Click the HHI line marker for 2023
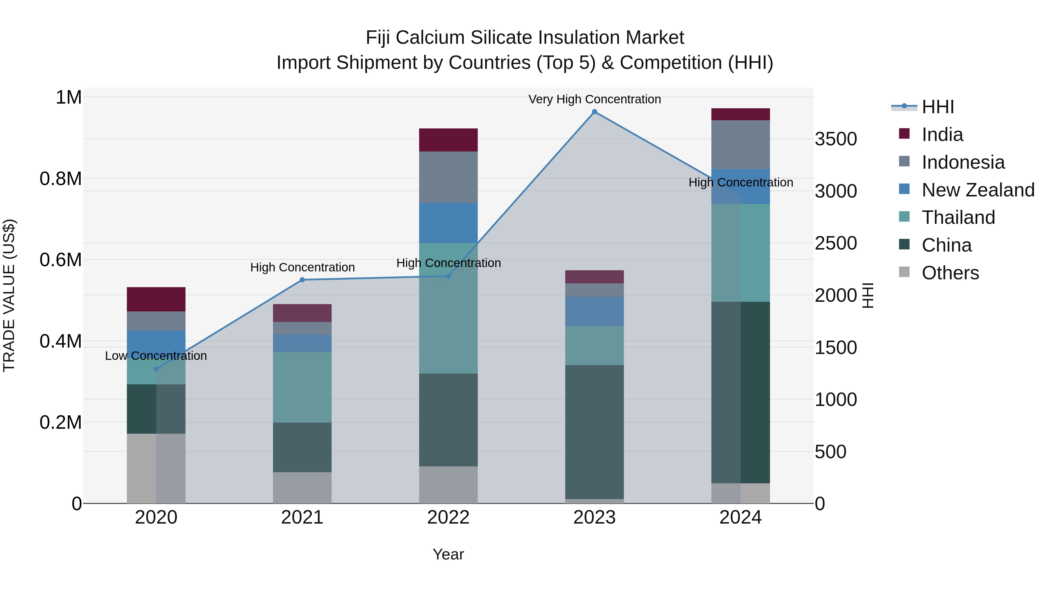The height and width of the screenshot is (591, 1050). pyautogui.click(x=594, y=112)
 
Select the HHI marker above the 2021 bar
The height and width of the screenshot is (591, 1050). pyautogui.click(x=302, y=280)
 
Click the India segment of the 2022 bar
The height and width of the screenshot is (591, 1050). pyautogui.click(x=448, y=140)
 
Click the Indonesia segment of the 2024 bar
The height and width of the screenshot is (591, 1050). pyautogui.click(x=741, y=144)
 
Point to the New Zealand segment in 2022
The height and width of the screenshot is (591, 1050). pyautogui.click(x=448, y=223)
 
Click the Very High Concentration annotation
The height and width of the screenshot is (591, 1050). pyautogui.click(x=594, y=99)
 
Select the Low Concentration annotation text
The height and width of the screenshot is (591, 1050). pyautogui.click(x=156, y=356)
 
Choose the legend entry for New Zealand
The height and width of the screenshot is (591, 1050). pyautogui.click(x=977, y=190)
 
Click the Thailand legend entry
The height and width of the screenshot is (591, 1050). pyautogui.click(x=958, y=217)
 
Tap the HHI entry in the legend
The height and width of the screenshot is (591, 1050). pyautogui.click(x=937, y=107)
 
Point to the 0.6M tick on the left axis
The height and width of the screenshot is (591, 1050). pyautogui.click(x=61, y=260)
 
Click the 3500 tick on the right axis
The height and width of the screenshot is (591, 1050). pyautogui.click(x=836, y=139)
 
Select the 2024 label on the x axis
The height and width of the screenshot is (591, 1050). pyautogui.click(x=741, y=517)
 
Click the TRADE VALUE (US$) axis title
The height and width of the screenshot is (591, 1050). pyautogui.click(x=9, y=295)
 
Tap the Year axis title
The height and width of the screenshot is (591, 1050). pyautogui.click(x=448, y=554)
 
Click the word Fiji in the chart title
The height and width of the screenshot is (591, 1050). pyautogui.click(x=378, y=38)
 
